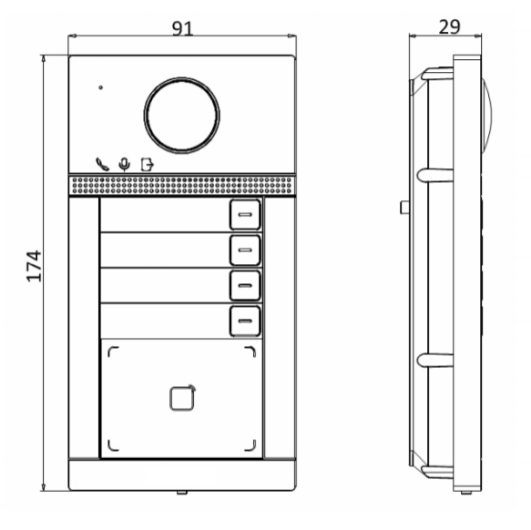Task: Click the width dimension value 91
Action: (182, 28)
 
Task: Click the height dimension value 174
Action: (34, 266)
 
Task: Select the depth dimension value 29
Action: (449, 27)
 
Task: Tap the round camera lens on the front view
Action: (182, 115)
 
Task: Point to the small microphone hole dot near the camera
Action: (100, 87)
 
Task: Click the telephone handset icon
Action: (102, 164)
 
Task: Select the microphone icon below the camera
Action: (125, 165)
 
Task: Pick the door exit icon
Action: (147, 165)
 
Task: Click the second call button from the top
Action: (245, 250)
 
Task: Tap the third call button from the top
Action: (245, 285)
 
